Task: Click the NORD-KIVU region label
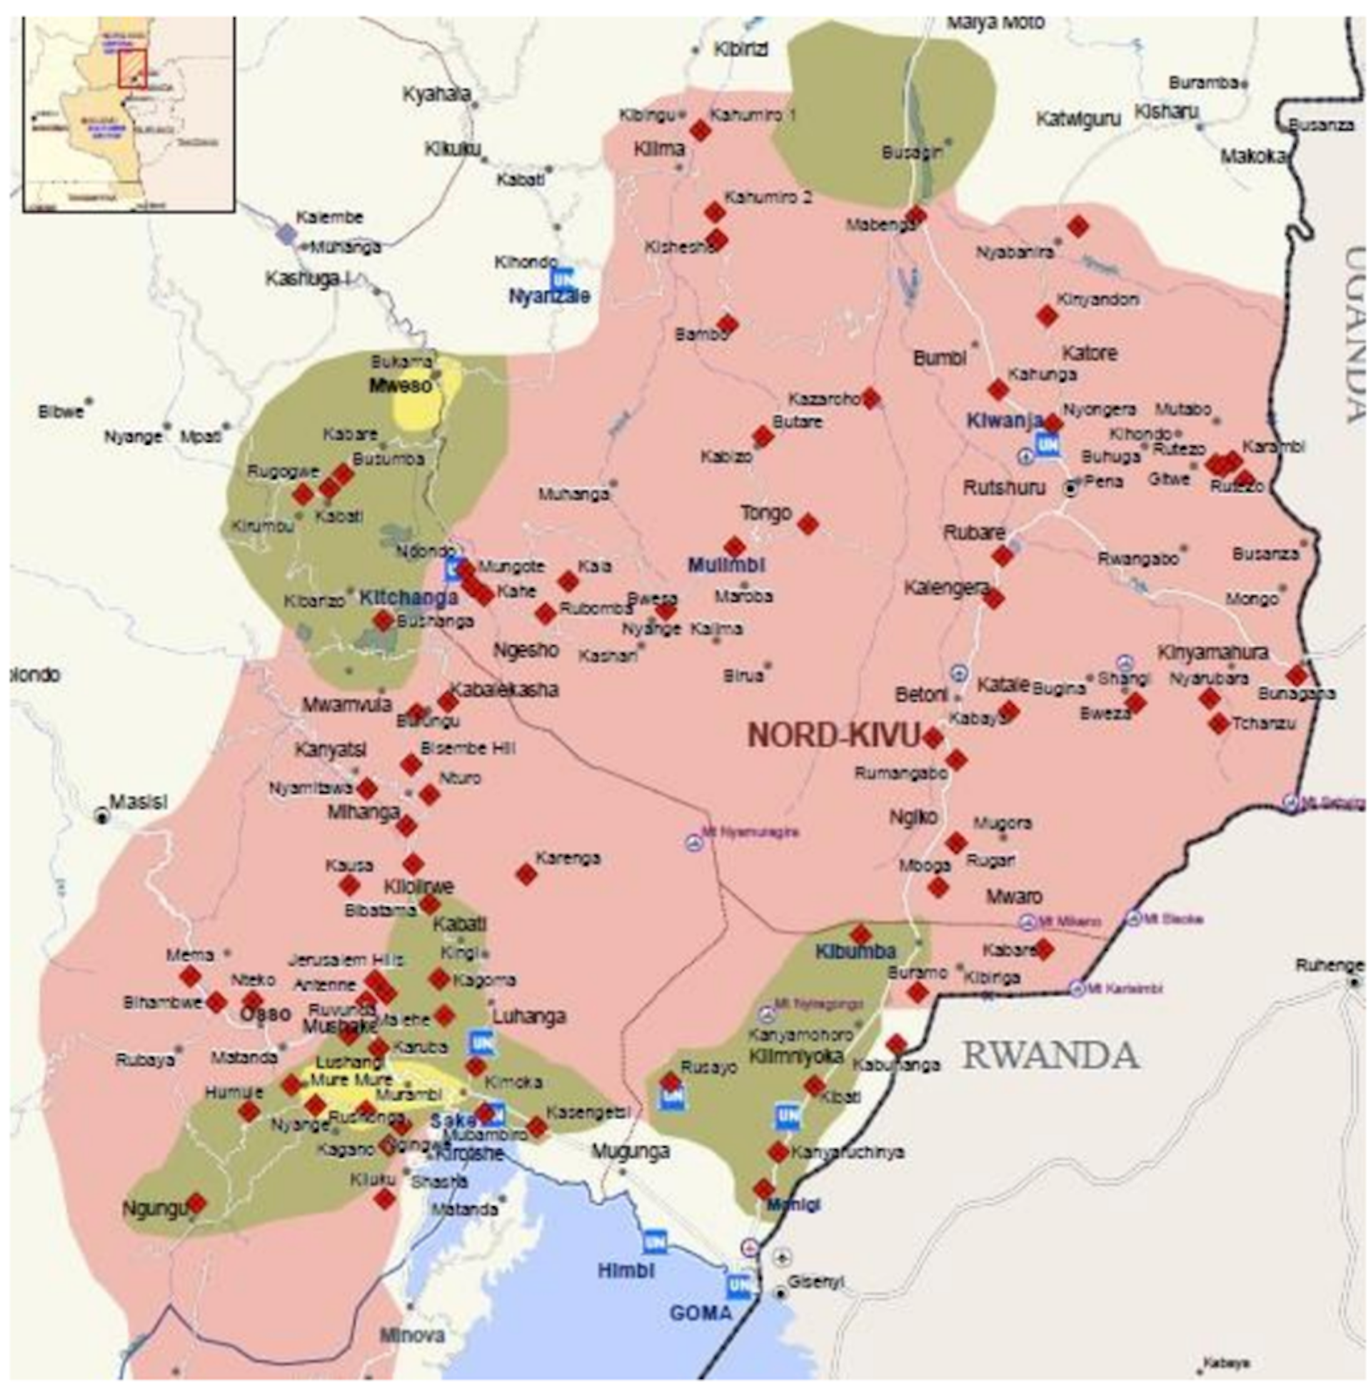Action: point(833,735)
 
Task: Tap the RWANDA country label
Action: point(1050,1056)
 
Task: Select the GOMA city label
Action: point(700,1313)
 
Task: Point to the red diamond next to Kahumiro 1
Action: point(700,131)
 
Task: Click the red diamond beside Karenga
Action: point(526,874)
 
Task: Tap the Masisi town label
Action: point(138,801)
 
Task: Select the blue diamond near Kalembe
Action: point(287,233)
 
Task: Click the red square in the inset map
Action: point(132,69)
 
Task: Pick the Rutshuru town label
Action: point(1003,488)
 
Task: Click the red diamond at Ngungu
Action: point(196,1203)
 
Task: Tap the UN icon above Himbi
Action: point(653,1241)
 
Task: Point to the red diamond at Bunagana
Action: point(1296,675)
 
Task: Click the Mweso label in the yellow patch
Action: point(401,386)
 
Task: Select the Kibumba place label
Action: point(855,952)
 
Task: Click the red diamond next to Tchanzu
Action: point(1218,723)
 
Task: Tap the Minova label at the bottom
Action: point(412,1335)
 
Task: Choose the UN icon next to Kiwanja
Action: point(1047,444)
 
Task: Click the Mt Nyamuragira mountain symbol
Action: point(693,842)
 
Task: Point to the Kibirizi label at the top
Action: point(740,49)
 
